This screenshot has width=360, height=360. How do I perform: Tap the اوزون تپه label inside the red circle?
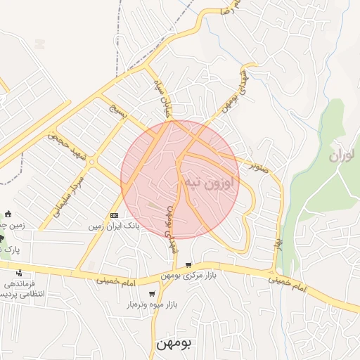pos(210,181)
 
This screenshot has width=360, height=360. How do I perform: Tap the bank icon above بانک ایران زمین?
pos(114,215)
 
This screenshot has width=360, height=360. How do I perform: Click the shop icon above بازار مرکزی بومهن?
pos(188,265)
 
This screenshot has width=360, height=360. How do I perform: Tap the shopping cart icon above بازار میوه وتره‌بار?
pos(152,294)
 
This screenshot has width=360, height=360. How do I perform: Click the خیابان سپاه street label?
pos(163,98)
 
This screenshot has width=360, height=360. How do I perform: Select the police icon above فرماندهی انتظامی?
pos(19,273)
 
